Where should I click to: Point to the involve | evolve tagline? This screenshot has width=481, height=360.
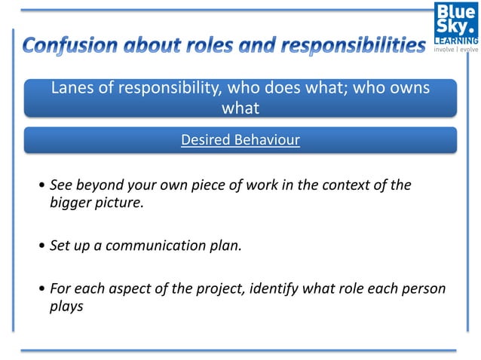[456, 50]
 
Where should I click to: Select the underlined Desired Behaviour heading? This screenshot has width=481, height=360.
[240, 140]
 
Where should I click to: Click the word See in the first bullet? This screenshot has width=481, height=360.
[60, 185]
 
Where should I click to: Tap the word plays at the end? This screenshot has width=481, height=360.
[66, 307]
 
